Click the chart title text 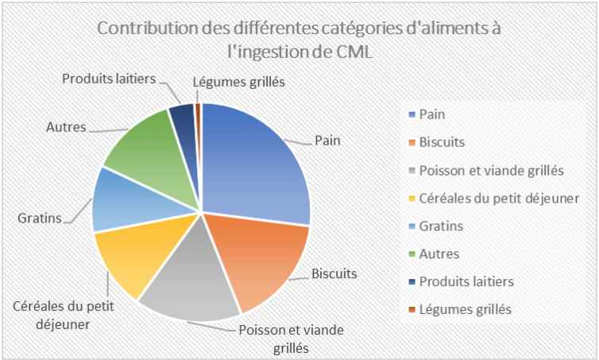(299, 40)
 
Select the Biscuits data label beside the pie (334, 273)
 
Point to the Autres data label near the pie (66, 126)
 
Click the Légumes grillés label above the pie (238, 81)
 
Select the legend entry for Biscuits (441, 142)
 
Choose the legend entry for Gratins (440, 226)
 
